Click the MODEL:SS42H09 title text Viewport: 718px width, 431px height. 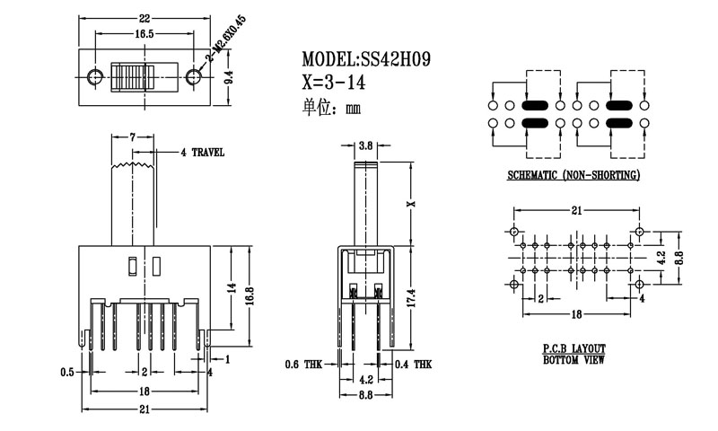[x=366, y=60]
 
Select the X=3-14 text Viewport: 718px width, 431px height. [x=335, y=84]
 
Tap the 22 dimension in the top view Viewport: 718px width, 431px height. [x=144, y=19]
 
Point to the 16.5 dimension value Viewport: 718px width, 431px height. [x=144, y=33]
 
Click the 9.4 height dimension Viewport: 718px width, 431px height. [x=229, y=78]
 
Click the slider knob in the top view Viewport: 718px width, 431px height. [x=132, y=78]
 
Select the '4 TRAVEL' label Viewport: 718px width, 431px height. [x=203, y=153]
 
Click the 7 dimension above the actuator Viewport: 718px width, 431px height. [x=132, y=136]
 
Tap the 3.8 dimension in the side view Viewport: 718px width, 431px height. [x=365, y=145]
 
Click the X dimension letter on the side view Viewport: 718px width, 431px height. [x=411, y=204]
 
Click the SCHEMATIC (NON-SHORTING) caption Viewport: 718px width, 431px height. [x=574, y=175]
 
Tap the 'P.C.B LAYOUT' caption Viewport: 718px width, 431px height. [x=574, y=347]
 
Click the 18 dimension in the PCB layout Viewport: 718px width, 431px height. [x=576, y=314]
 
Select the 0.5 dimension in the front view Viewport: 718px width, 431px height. [x=66, y=371]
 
